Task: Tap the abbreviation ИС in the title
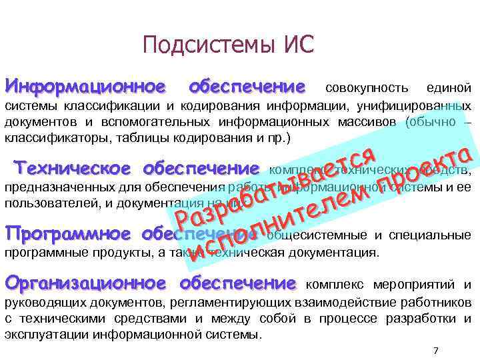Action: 293,46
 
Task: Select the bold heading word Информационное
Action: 85,87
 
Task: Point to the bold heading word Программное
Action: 69,235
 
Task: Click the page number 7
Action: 435,350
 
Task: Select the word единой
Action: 452,89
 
